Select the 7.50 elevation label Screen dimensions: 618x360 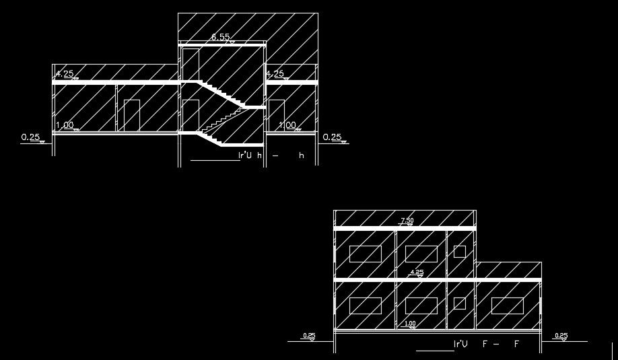(x=407, y=221)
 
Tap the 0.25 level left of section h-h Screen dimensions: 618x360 (x=31, y=138)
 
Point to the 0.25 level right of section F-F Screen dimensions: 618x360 (x=560, y=336)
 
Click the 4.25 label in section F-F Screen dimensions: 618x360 (x=417, y=273)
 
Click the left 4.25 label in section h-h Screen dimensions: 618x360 (x=65, y=74)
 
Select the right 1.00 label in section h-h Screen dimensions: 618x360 (x=287, y=125)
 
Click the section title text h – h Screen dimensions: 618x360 (x=272, y=155)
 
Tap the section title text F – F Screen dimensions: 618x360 (x=485, y=345)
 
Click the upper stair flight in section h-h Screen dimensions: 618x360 (x=221, y=94)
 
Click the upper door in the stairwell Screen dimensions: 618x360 (x=190, y=65)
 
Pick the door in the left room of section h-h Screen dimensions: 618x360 (x=131, y=115)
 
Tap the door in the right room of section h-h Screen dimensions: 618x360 (x=276, y=115)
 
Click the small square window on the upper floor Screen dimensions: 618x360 (x=460, y=252)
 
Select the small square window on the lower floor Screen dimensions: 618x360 (x=460, y=303)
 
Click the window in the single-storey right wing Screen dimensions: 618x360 (x=507, y=305)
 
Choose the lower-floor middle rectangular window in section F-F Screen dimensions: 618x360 (x=421, y=305)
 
